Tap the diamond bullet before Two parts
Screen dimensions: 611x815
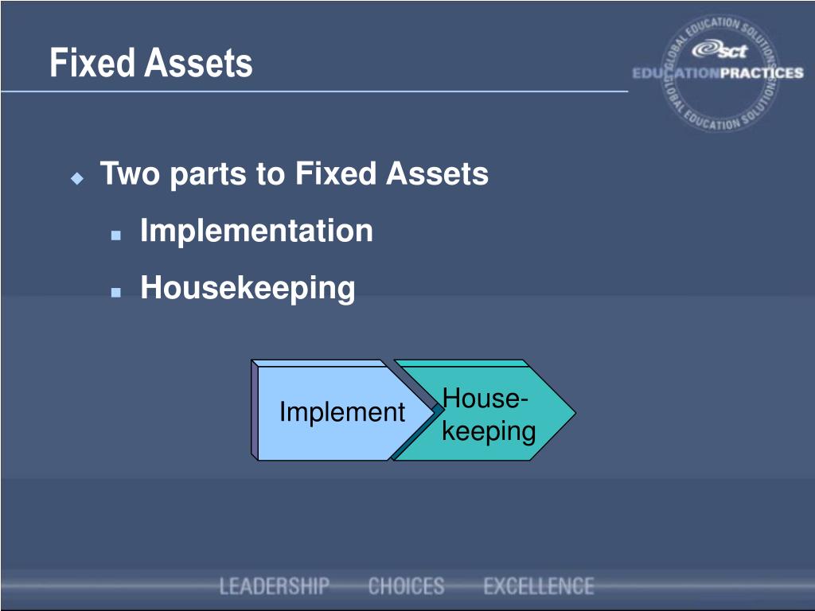pos(77,178)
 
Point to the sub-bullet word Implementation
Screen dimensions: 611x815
pos(256,232)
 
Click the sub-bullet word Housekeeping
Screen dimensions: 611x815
pos(248,288)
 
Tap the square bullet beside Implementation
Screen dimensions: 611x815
pos(116,236)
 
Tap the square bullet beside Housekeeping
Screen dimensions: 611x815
pos(116,293)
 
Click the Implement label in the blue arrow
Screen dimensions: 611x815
pos(342,412)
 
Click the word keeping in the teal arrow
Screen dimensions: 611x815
pos(489,431)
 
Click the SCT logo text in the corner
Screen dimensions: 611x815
pos(720,51)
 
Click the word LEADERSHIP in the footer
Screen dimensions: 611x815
pos(275,587)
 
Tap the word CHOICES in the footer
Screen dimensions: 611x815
pos(406,587)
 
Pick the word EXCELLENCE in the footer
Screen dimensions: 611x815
pos(539,587)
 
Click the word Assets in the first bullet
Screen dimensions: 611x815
pos(437,173)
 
